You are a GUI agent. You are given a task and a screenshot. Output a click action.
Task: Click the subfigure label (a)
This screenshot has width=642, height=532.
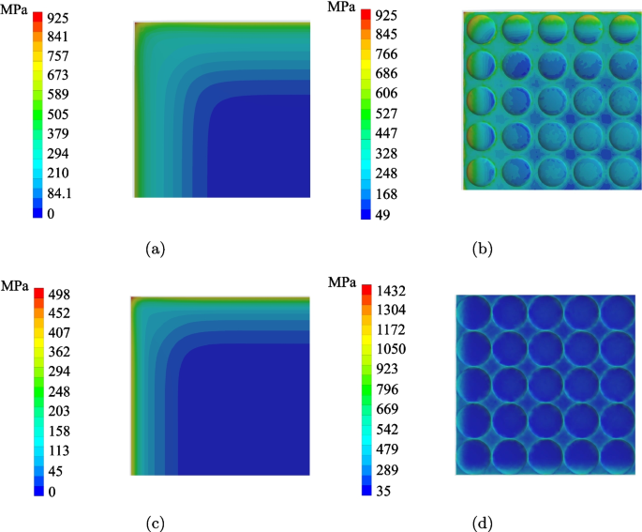[156, 249]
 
